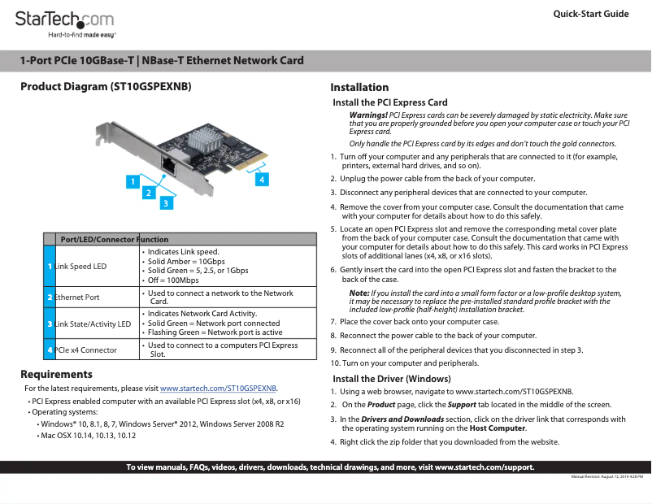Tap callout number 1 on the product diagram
click(131, 182)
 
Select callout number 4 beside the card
click(262, 177)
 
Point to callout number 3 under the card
click(165, 202)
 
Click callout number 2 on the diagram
click(148, 193)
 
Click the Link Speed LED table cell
click(80, 267)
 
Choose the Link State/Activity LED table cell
click(93, 324)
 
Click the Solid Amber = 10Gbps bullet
click(186, 262)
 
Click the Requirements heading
click(56, 375)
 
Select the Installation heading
click(359, 88)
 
